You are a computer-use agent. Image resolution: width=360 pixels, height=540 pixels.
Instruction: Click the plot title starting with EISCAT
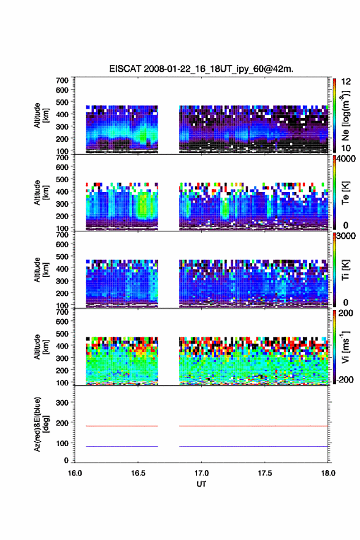tap(201, 69)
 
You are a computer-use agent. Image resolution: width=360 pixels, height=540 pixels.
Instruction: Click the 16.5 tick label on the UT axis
tap(138, 473)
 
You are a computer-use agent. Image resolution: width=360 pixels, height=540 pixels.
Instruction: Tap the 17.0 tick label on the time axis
tap(201, 473)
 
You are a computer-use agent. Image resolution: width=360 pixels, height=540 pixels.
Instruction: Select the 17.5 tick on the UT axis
tap(265, 473)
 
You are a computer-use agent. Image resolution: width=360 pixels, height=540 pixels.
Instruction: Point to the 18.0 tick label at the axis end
tap(328, 473)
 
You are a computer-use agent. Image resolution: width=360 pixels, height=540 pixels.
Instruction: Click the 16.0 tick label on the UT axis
tap(75, 473)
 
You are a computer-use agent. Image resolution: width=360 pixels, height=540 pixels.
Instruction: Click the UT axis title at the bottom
tap(201, 484)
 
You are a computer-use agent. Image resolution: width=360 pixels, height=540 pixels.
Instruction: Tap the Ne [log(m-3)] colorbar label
tap(345, 116)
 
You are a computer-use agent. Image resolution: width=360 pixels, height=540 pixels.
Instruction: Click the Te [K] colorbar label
tap(345, 193)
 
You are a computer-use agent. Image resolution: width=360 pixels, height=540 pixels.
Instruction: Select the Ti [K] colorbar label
tap(345, 270)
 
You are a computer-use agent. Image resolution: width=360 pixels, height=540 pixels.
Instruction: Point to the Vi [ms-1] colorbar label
tap(345, 347)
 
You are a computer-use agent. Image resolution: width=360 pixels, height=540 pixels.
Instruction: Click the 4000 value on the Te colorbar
tap(347, 160)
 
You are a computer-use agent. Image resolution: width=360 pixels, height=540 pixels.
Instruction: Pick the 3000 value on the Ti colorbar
tap(347, 236)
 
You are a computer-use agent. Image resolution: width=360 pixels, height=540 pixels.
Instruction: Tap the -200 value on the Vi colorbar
tap(345, 379)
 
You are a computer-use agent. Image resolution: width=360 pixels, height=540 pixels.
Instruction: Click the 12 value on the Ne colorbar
tap(347, 82)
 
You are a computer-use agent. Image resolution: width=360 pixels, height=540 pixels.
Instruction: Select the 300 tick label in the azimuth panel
tap(63, 403)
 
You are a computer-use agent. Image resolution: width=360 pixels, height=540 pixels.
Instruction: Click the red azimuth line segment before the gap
tap(122, 426)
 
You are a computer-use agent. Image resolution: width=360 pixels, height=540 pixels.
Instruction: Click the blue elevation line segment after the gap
tap(254, 446)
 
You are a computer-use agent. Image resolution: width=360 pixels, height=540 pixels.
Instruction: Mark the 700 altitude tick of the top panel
tap(63, 80)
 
